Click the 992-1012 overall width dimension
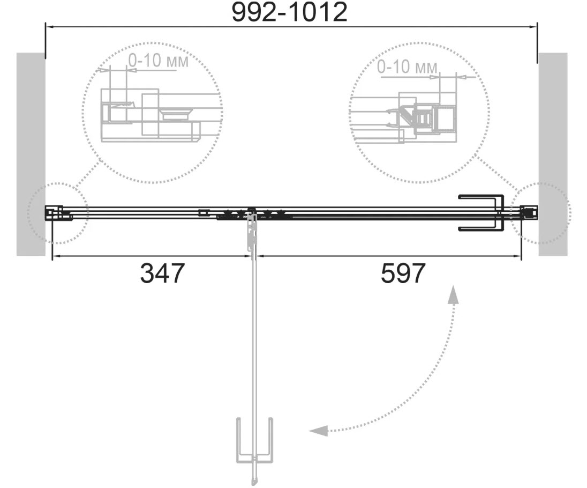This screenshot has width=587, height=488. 289,12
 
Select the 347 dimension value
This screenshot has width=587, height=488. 162,273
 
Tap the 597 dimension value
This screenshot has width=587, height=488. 403,273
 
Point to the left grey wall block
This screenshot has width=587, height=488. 31,154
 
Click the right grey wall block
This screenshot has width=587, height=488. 553,154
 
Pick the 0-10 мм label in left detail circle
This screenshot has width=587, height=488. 159,61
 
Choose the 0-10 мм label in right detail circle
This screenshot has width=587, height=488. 407,67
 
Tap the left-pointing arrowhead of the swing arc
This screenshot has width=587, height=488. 318,431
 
